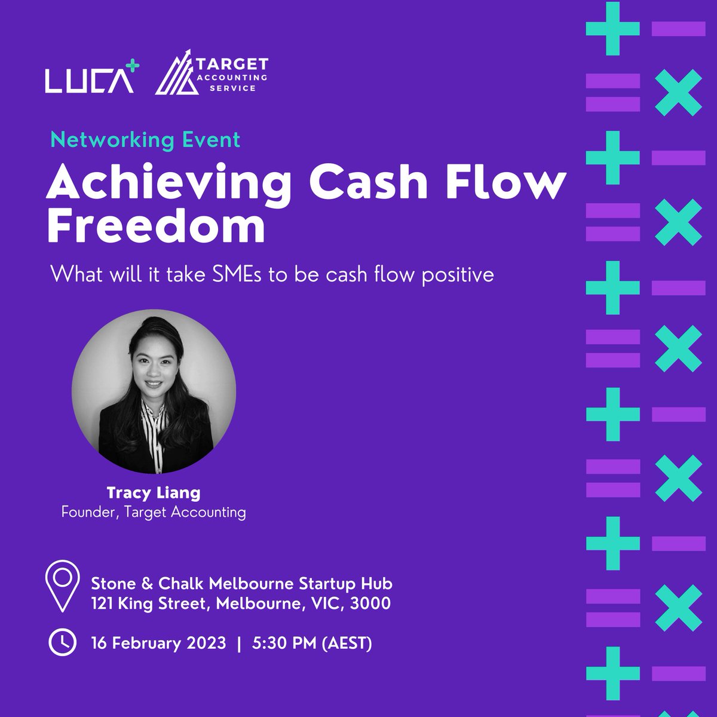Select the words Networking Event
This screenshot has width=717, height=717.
point(145,140)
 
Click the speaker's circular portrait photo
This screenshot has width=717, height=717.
point(154,391)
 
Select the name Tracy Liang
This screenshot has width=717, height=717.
point(154,493)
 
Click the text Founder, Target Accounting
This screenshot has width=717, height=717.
point(154,512)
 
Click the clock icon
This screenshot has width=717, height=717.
point(62,643)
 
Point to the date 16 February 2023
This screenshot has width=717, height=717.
point(158,644)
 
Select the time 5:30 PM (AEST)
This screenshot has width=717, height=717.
point(312,644)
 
